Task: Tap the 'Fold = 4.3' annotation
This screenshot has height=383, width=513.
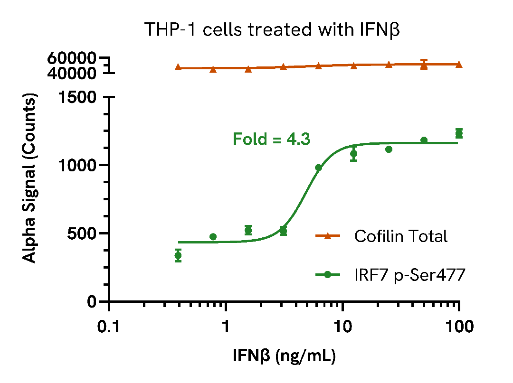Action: (271, 139)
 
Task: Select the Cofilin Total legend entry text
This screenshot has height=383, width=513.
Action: (400, 236)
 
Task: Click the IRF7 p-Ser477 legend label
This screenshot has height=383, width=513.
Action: (409, 275)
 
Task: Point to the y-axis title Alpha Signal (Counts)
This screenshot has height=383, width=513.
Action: (29, 179)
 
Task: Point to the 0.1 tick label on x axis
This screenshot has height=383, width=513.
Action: (110, 327)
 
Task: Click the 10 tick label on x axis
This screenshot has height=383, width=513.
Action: (342, 327)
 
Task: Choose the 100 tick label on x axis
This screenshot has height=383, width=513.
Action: (459, 327)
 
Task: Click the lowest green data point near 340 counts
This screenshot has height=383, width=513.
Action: (178, 255)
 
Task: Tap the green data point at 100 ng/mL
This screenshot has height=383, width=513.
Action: (459, 133)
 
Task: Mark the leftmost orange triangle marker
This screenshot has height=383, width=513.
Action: (178, 67)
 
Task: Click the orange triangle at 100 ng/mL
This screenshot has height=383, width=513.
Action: (459, 65)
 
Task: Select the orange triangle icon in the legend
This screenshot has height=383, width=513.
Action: (327, 236)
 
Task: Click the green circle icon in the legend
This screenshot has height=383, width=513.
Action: (327, 275)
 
